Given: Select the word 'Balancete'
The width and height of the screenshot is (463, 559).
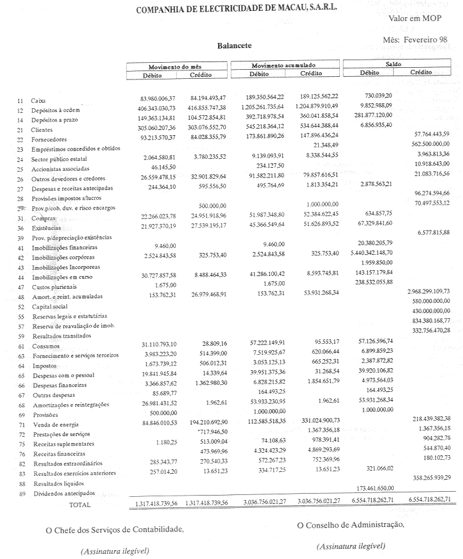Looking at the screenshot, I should (234, 46).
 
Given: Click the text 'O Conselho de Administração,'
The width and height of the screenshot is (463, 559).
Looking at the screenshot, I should (351, 525).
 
